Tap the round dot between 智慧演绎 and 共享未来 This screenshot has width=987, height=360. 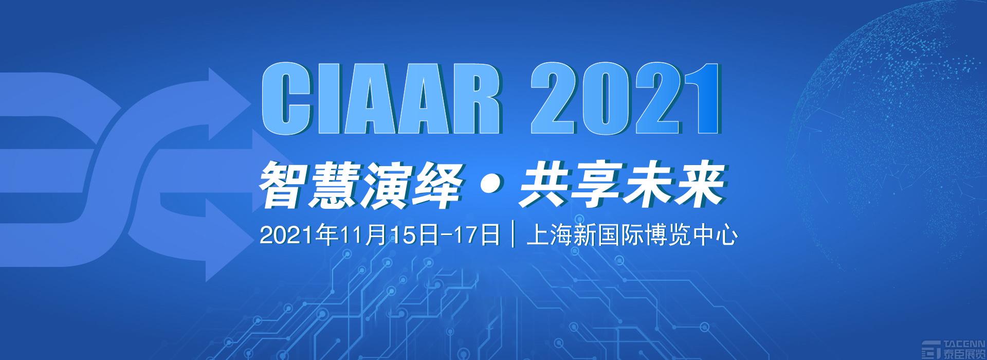[489, 185]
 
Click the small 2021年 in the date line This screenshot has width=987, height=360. [299, 236]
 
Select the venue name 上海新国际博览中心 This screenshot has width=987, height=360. [630, 236]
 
